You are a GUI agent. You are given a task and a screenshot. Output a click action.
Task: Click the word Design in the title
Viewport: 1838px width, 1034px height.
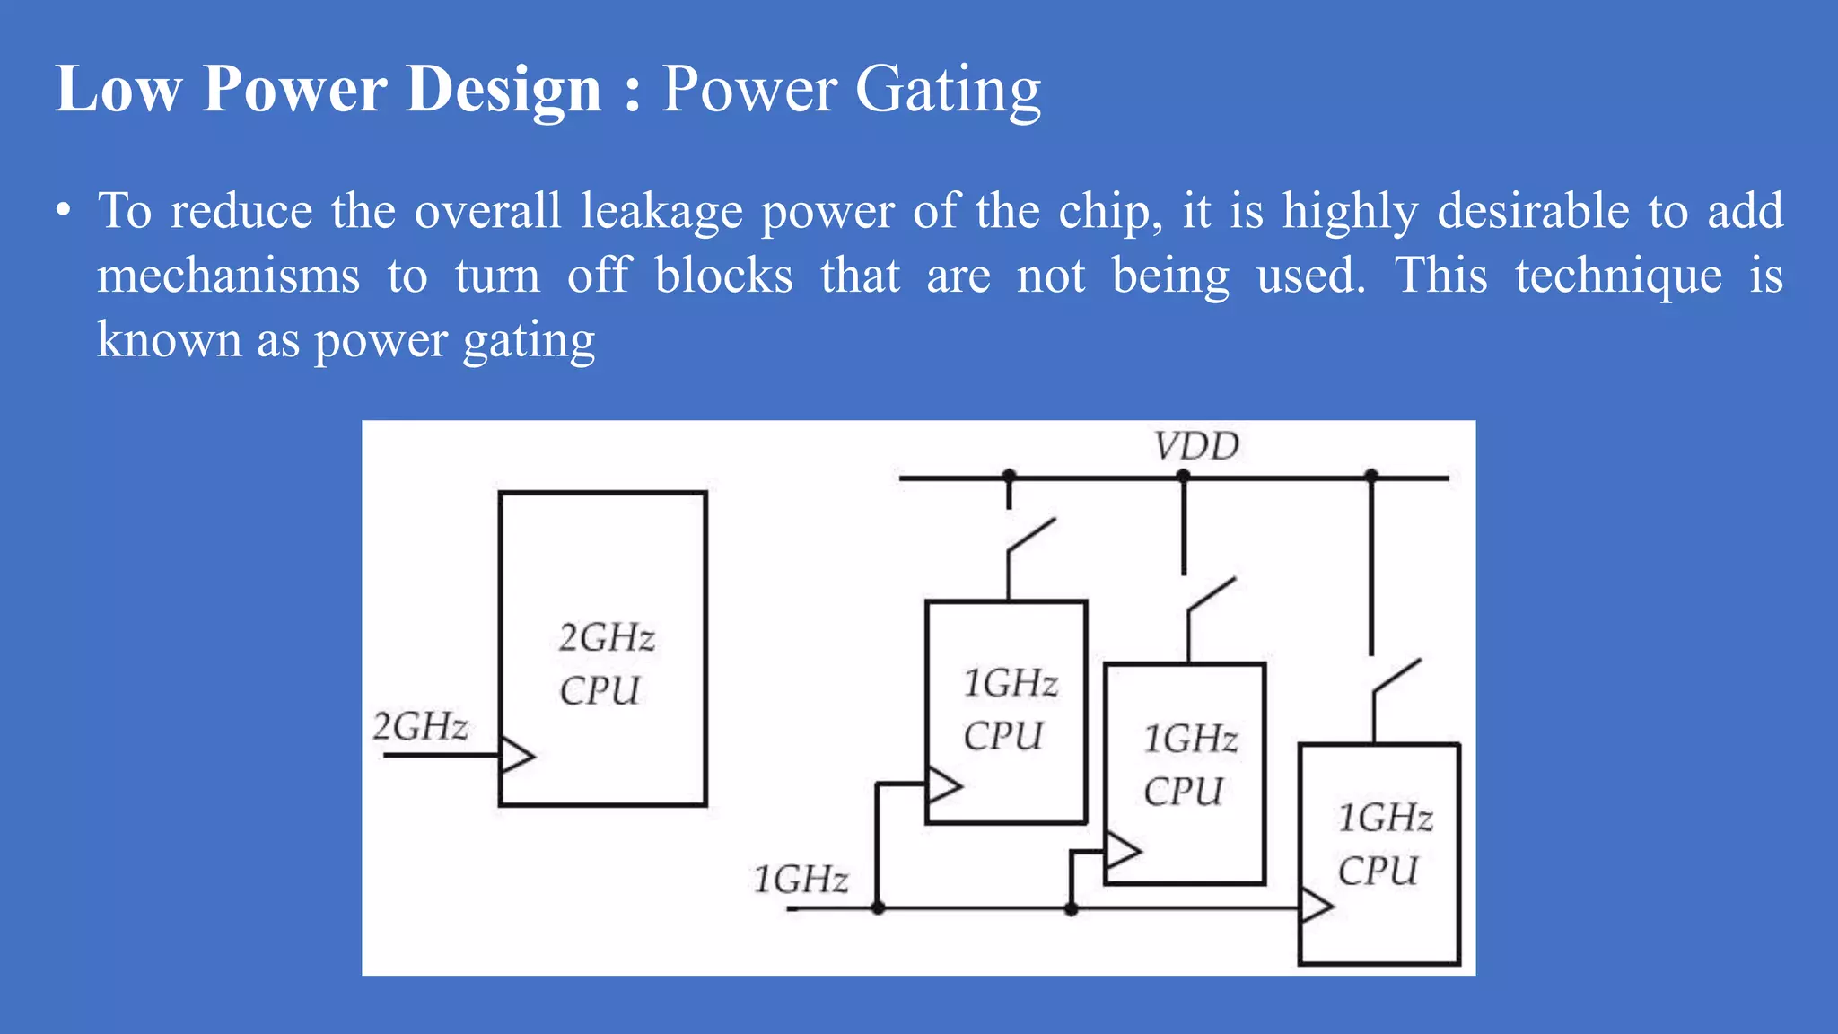point(503,90)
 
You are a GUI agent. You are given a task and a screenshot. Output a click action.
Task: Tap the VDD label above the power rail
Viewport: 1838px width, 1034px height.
point(1196,446)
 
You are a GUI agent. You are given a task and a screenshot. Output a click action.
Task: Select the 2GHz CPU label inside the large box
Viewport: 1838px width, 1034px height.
point(604,664)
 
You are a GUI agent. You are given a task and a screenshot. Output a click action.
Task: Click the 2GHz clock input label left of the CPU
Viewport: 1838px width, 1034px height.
point(420,726)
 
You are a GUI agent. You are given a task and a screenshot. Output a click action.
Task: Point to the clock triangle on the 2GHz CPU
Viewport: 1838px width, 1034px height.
point(516,755)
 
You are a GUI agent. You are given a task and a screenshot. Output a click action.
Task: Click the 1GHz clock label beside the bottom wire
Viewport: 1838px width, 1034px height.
point(801,879)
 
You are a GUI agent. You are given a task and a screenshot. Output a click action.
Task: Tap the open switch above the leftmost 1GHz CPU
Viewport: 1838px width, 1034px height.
point(1029,537)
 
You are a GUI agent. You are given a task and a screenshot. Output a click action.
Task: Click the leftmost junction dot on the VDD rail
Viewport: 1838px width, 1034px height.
point(1009,476)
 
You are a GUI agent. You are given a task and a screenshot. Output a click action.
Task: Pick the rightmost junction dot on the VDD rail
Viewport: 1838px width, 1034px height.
point(1370,476)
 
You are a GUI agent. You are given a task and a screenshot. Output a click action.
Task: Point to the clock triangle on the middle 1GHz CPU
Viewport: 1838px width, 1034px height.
point(1122,849)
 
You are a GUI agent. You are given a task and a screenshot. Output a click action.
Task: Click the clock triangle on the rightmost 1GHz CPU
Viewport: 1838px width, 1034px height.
point(1316,905)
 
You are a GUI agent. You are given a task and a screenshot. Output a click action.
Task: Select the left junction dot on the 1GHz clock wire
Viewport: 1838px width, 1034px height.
point(878,908)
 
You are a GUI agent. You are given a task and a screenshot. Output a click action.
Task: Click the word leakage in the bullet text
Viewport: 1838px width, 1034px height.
point(661,213)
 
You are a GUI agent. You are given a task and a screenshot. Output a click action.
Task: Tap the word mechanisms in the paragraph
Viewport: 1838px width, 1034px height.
point(229,276)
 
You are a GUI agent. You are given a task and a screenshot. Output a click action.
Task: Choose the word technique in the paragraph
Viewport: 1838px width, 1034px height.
point(1618,276)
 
